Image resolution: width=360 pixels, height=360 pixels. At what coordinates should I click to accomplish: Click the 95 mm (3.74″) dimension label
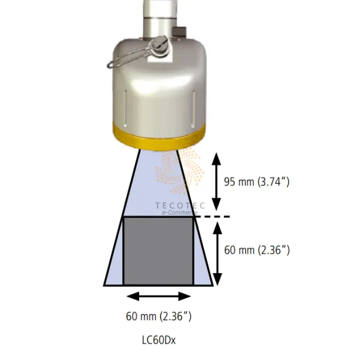pos(257,182)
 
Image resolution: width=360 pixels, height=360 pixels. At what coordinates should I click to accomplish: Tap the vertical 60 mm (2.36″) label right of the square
pos(257,250)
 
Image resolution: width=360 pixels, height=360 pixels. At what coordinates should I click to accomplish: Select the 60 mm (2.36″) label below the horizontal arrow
pos(158,316)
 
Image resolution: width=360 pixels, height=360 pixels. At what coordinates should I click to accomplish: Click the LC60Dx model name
pos(159,340)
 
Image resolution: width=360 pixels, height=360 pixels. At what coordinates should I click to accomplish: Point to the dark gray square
pos(158,251)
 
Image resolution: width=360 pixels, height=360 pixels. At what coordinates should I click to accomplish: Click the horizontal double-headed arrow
pos(158,296)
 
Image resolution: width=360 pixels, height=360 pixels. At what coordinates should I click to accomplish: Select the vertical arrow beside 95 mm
pos(216,181)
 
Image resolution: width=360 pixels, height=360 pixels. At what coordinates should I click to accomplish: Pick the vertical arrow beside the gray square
pos(217,254)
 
